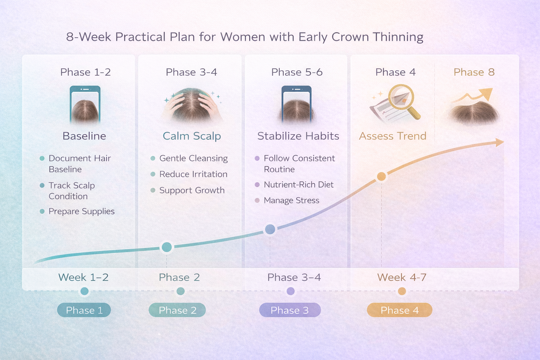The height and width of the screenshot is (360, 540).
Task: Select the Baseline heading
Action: tap(84, 136)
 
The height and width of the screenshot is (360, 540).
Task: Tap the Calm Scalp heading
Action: tap(192, 136)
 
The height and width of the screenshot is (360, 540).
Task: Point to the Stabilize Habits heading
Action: tap(298, 136)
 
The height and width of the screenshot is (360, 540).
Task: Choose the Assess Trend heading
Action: tap(392, 136)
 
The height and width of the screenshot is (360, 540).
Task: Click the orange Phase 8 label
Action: tap(474, 72)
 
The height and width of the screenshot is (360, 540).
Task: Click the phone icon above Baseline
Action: tap(85, 104)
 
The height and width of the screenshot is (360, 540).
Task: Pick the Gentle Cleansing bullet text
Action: tap(193, 158)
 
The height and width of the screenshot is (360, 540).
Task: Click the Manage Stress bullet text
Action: tap(291, 200)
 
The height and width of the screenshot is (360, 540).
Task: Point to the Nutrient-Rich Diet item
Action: tap(298, 185)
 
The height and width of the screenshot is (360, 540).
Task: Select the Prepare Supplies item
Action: tap(82, 211)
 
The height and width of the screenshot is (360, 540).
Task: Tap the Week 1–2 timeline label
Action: tap(83, 277)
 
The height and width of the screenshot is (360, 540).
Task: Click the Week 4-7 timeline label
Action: tap(401, 277)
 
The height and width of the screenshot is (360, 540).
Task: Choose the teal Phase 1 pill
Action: tap(84, 310)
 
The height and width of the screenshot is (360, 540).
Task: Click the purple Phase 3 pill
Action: tap(290, 310)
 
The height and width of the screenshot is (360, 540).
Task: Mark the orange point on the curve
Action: tap(381, 176)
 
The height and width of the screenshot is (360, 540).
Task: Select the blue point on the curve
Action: tap(270, 229)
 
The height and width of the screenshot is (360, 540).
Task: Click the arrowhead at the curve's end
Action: tap(499, 142)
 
